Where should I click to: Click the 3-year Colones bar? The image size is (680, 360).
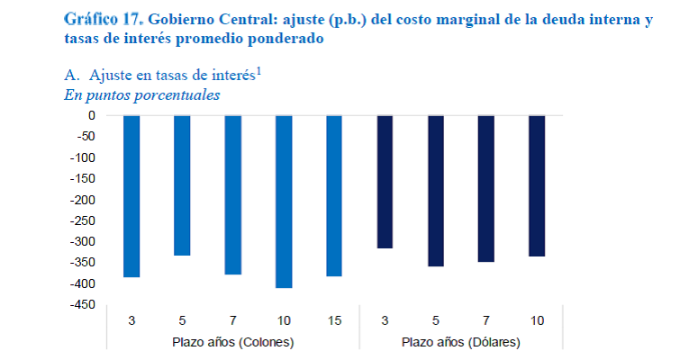pyautogui.click(x=131, y=196)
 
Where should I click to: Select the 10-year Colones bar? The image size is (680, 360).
pyautogui.click(x=284, y=202)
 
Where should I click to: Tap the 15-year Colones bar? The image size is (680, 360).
pyautogui.click(x=334, y=195)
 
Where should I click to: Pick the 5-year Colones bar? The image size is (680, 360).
pyautogui.click(x=182, y=185)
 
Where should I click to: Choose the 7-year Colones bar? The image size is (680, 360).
pyautogui.click(x=232, y=194)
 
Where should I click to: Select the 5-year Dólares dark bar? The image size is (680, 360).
pyautogui.click(x=436, y=191)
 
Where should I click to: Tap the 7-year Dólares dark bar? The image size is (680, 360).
pyautogui.click(x=486, y=188)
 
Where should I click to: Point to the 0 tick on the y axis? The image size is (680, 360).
pyautogui.click(x=90, y=115)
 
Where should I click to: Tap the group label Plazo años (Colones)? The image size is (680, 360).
pyautogui.click(x=232, y=343)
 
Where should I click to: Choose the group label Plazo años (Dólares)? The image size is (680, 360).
pyautogui.click(x=460, y=343)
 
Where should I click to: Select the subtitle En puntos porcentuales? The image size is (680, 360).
pyautogui.click(x=142, y=94)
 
